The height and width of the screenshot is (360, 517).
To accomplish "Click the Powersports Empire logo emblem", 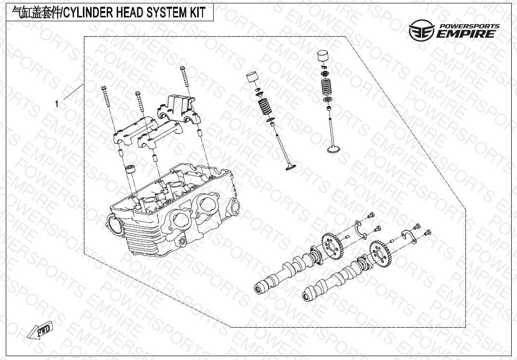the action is pyautogui.click(x=422, y=30).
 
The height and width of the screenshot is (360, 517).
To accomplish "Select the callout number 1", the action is pyautogui.click(x=57, y=104).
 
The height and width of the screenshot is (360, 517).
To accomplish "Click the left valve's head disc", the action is pyautogui.click(x=290, y=167).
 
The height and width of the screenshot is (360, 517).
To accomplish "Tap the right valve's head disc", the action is pyautogui.click(x=334, y=150).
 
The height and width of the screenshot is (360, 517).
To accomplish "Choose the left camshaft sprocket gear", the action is pyautogui.click(x=332, y=246).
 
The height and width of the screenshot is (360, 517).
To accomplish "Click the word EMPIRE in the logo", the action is pyautogui.click(x=466, y=34).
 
